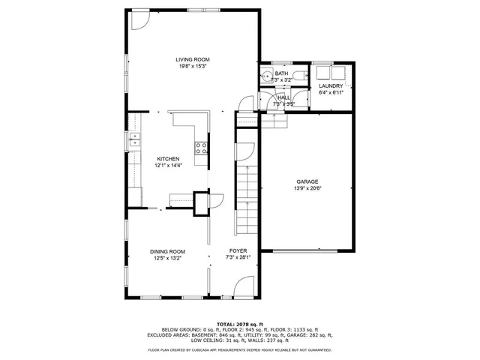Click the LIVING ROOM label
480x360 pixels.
tap(193, 59)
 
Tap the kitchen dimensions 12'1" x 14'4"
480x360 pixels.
tap(168, 165)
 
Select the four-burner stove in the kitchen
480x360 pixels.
tap(201, 148)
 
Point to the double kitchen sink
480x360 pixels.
tap(135, 138)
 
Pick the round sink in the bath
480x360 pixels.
tap(268, 75)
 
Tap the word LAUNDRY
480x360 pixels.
tap(331, 86)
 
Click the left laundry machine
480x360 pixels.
tap(324, 73)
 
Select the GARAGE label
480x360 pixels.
tap(307, 181)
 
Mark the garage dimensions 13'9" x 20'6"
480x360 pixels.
tap(307, 188)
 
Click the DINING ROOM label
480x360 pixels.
tap(168, 251)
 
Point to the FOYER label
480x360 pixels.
tap(238, 251)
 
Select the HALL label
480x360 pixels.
tap(283, 97)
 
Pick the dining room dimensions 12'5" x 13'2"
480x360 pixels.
tap(168, 258)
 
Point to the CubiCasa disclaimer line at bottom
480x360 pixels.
tap(240, 349)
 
